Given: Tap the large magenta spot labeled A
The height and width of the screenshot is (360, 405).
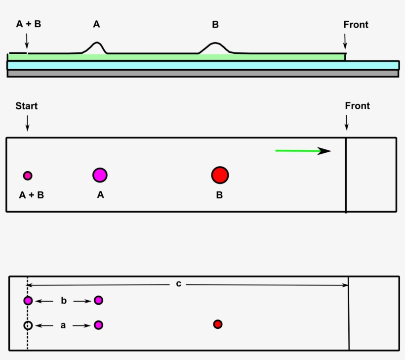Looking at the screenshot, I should click(100, 175).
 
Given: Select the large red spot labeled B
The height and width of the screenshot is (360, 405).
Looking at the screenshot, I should click(220, 175).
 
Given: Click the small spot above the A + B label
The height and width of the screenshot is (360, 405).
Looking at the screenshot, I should click(28, 175).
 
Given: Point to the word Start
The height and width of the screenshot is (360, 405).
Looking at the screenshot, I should click(27, 106).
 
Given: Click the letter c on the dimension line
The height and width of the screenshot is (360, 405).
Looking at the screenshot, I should click(178, 284).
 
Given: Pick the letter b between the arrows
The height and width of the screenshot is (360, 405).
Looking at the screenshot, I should click(63, 300).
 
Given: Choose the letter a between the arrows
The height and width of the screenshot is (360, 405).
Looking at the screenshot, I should click(63, 325).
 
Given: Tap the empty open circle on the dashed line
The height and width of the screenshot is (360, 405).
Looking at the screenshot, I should click(28, 325).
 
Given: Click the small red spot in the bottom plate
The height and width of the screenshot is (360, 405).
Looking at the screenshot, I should click(217, 324).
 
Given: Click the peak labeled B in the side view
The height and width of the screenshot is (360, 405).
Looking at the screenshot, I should click(215, 47).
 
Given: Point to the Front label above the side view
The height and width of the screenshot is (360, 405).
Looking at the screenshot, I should click(356, 25).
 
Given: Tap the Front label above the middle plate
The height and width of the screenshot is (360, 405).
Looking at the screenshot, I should click(357, 106).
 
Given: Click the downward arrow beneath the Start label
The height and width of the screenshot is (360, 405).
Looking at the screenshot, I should click(27, 122).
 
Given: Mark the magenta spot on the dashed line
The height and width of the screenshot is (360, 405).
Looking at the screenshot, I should click(28, 300).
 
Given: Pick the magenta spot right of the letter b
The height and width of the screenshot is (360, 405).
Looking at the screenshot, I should click(99, 300).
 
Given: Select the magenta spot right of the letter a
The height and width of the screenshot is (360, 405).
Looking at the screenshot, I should click(99, 325).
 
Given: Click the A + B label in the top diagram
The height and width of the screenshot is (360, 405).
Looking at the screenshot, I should click(29, 24).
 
